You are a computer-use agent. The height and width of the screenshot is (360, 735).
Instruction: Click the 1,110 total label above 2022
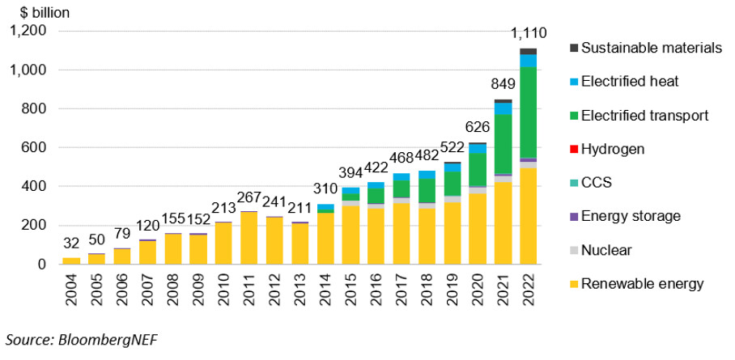(529, 34)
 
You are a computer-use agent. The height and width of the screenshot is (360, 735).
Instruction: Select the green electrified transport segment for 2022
(529, 112)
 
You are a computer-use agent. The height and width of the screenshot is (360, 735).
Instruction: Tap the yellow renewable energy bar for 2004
(71, 261)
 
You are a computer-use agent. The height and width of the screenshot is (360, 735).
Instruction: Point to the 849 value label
(503, 84)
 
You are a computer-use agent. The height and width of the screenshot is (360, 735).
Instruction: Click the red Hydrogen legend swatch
(573, 150)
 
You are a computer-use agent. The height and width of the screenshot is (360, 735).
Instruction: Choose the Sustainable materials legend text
(652, 48)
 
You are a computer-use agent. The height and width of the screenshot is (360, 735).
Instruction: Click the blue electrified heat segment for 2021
(503, 108)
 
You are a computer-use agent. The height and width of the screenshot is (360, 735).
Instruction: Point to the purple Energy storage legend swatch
(573, 217)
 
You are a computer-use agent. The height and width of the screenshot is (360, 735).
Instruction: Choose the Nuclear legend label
(606, 251)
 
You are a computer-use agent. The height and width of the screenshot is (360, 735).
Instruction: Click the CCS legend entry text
(597, 183)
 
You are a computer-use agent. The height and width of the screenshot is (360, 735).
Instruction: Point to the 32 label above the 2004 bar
(71, 244)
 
